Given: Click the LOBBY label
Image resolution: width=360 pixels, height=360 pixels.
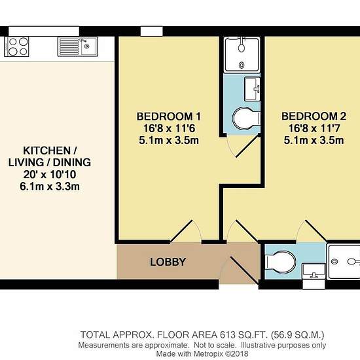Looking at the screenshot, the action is tap(168, 262).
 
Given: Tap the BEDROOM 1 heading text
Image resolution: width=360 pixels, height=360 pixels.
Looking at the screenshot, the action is tap(169, 117).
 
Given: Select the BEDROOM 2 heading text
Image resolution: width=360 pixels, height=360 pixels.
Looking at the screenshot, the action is tap(314, 116).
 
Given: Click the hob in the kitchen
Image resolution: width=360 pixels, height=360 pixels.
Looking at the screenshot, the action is tap(17, 46).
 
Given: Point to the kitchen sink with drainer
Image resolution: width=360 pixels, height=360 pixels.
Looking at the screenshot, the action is tap(78, 47).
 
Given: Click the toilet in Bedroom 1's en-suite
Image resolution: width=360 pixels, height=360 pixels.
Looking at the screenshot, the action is tap(246, 118).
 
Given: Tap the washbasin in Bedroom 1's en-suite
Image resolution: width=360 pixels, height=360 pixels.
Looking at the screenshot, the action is tap(252, 89).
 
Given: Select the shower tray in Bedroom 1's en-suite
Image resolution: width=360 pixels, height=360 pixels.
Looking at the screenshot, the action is tap(242, 54).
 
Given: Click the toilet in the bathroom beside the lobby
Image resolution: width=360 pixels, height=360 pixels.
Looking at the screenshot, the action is tap(280, 262).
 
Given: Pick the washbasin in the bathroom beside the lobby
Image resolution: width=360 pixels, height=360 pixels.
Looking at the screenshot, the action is tap(314, 272).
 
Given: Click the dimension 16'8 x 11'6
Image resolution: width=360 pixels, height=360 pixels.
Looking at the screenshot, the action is tap(170, 128).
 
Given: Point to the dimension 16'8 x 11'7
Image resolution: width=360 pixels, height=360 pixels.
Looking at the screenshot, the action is tap(314, 128).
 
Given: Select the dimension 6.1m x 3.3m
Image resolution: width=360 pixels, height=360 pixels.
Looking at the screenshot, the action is tap(50, 187).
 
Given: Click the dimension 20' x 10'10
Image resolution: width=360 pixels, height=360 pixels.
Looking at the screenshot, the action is tap(50, 175).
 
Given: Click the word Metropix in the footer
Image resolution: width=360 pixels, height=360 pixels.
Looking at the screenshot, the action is tap(208, 353).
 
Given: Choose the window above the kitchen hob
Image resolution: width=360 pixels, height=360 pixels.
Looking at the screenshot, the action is tap(44, 31).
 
